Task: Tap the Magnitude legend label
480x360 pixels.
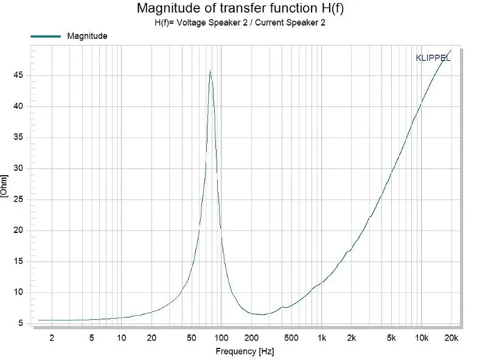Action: [87, 36]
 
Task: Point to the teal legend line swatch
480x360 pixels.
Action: [45, 36]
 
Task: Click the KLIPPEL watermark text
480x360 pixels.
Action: [433, 58]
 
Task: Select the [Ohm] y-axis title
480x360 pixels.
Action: [5, 185]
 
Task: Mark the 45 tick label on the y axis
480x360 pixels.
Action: [20, 75]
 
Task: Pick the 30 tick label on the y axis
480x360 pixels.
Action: [20, 168]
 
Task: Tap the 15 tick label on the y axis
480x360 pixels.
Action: [20, 261]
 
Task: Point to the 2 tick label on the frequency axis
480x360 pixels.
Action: [52, 337]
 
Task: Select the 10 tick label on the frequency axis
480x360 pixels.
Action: [121, 337]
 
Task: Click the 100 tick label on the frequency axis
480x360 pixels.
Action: [221, 337]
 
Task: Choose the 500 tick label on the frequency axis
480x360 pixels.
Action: [291, 337]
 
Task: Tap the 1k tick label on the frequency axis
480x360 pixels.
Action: [321, 337]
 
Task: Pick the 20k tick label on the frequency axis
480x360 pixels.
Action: [451, 337]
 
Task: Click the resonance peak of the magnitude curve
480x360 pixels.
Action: [210, 71]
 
